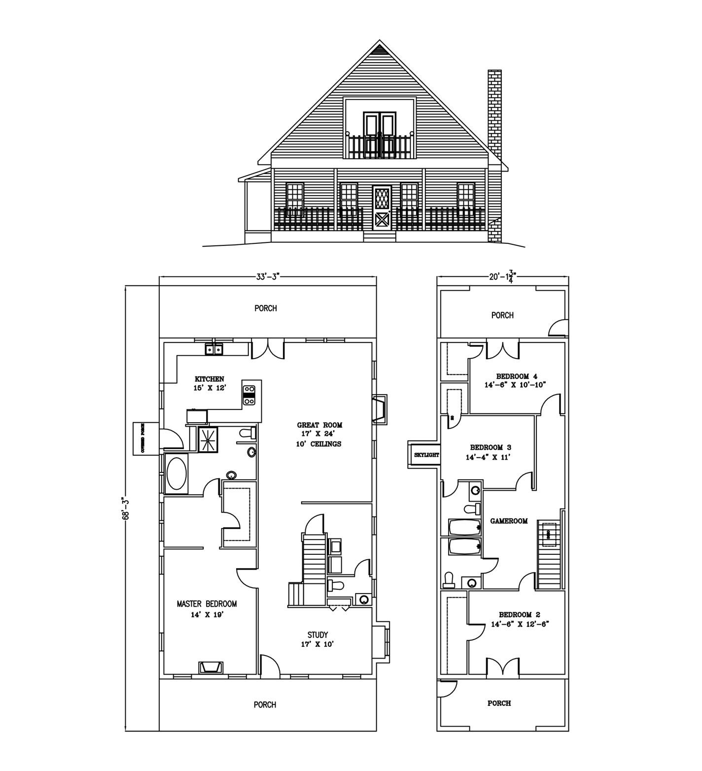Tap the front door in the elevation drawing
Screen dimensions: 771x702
point(382,208)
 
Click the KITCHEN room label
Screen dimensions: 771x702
point(210,379)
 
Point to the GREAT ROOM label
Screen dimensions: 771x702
point(319,425)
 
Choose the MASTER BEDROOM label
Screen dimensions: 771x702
point(207,603)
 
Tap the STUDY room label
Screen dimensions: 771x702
point(317,635)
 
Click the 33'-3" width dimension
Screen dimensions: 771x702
point(268,276)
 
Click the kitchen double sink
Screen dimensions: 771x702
point(214,349)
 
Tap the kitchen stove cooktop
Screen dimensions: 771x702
point(249,394)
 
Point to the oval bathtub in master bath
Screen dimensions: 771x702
point(176,474)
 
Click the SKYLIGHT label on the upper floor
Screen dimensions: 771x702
point(426,455)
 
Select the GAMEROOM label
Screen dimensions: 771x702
point(509,521)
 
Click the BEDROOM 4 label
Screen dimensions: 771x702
point(517,376)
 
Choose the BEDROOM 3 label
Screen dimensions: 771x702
point(490,447)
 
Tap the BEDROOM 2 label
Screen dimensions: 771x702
point(520,614)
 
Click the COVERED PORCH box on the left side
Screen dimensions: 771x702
point(143,438)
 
